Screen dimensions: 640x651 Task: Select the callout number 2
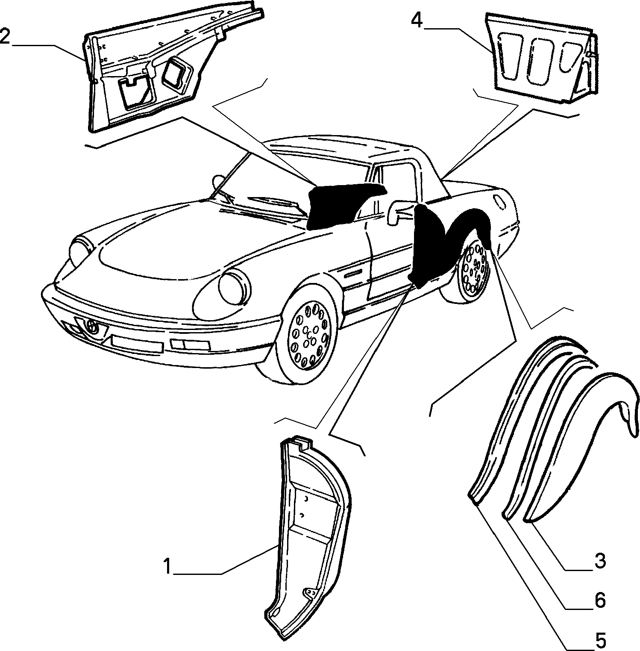click(x=5, y=36)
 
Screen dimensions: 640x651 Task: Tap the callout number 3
click(x=600, y=561)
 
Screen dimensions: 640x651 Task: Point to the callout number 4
click(x=417, y=20)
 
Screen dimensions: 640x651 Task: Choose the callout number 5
click(x=600, y=640)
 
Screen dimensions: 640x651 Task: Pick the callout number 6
click(x=600, y=601)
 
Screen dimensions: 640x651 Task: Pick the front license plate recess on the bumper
click(x=137, y=342)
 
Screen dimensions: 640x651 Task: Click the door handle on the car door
click(x=353, y=274)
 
